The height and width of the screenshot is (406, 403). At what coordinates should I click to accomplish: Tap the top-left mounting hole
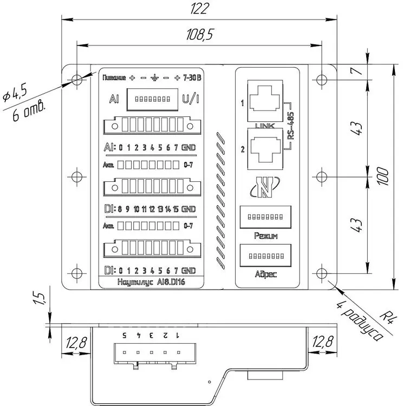(77, 79)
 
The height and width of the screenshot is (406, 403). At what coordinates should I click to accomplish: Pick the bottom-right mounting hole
(322, 273)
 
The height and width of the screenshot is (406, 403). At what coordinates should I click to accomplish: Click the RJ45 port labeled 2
(264, 147)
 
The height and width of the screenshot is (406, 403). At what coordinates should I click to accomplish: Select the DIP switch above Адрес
(265, 254)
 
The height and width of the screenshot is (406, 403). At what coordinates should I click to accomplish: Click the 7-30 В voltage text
(192, 77)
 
